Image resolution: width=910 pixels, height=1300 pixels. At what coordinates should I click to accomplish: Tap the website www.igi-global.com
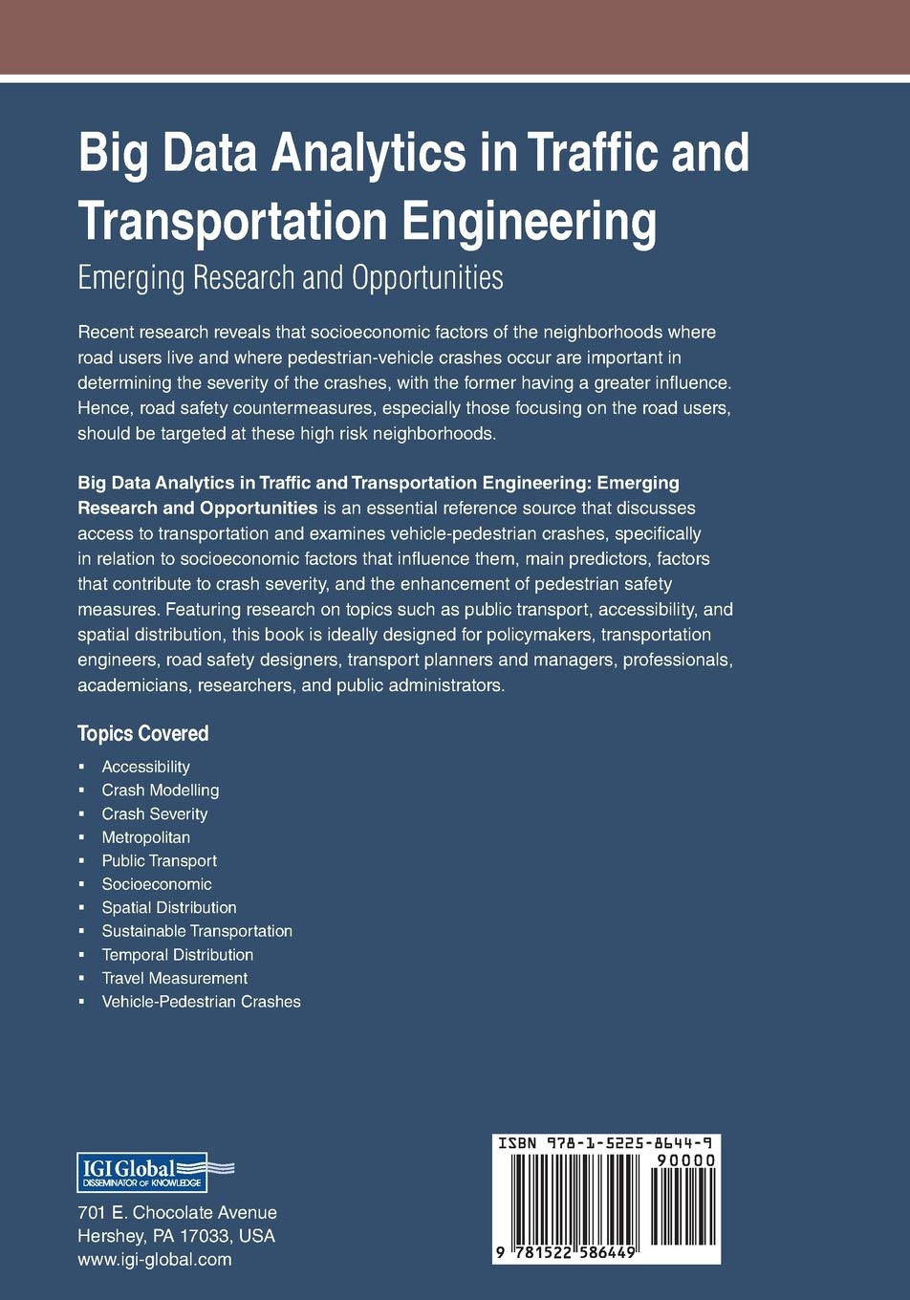tap(154, 1259)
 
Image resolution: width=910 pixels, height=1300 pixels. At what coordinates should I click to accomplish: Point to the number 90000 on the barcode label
tap(685, 1160)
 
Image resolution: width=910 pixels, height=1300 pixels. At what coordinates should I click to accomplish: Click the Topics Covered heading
tap(142, 733)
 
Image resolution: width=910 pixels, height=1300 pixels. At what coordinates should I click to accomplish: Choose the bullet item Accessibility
tap(145, 767)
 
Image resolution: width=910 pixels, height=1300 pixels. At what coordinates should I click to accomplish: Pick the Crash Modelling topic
tap(160, 791)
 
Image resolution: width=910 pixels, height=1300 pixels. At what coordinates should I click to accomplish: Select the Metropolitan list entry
tap(145, 837)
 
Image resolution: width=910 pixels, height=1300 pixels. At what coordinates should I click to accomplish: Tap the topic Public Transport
tap(159, 860)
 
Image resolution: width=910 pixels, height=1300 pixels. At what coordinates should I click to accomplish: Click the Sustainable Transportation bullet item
tap(197, 931)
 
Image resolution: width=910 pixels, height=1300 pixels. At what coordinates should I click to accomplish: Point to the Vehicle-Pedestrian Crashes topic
tap(201, 1002)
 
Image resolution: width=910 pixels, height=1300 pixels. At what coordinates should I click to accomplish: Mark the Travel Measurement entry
tap(174, 978)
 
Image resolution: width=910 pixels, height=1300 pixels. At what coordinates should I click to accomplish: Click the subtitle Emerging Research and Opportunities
tap(290, 277)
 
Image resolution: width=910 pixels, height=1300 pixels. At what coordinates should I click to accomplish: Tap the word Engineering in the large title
tap(529, 221)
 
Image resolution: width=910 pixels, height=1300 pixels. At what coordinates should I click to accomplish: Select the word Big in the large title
tap(112, 154)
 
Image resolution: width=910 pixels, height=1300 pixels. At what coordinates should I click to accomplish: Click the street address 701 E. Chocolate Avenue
tap(177, 1212)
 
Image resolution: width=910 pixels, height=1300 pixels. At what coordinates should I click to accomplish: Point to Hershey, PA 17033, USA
tap(176, 1235)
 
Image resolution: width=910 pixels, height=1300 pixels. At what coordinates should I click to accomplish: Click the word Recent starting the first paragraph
tap(105, 333)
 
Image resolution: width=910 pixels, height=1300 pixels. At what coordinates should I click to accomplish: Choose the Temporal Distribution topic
tap(177, 954)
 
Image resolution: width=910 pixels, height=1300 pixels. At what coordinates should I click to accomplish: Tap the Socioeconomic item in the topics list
tap(157, 884)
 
